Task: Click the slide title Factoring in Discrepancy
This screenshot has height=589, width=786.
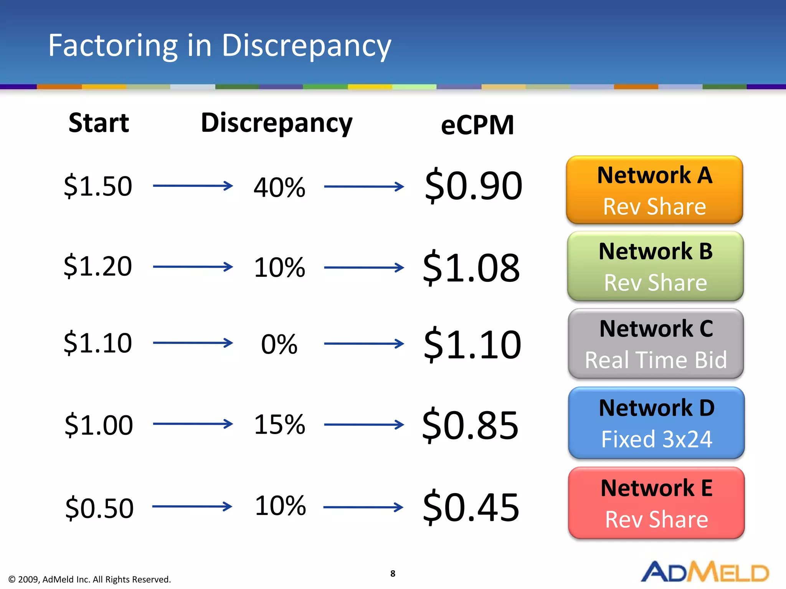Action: coord(220,46)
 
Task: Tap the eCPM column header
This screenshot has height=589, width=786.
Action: coord(477,125)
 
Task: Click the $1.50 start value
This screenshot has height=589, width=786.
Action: coord(98,186)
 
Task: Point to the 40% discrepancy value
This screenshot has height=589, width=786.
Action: coord(279,188)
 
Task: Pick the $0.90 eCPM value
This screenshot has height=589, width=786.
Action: coord(474,186)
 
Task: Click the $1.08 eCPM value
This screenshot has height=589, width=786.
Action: coord(471,267)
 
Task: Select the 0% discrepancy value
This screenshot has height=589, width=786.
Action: coord(279,344)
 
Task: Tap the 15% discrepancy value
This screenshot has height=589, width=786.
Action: coord(279,424)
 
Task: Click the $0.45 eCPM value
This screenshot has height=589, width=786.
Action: coord(471,507)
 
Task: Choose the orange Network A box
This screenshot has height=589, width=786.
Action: coord(654,190)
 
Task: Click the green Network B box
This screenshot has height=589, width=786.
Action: coord(655,267)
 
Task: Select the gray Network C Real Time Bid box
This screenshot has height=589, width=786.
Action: coord(656,344)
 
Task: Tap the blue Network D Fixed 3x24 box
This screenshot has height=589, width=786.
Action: coord(656,423)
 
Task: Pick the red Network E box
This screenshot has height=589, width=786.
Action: coord(656,503)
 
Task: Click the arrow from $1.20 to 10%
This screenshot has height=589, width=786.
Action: coord(193,267)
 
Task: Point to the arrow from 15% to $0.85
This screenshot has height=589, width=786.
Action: coord(364,424)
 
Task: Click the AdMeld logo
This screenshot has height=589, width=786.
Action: coord(705,572)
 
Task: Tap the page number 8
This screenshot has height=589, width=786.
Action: coord(393,574)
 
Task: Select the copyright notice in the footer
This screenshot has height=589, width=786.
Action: coord(89,579)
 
